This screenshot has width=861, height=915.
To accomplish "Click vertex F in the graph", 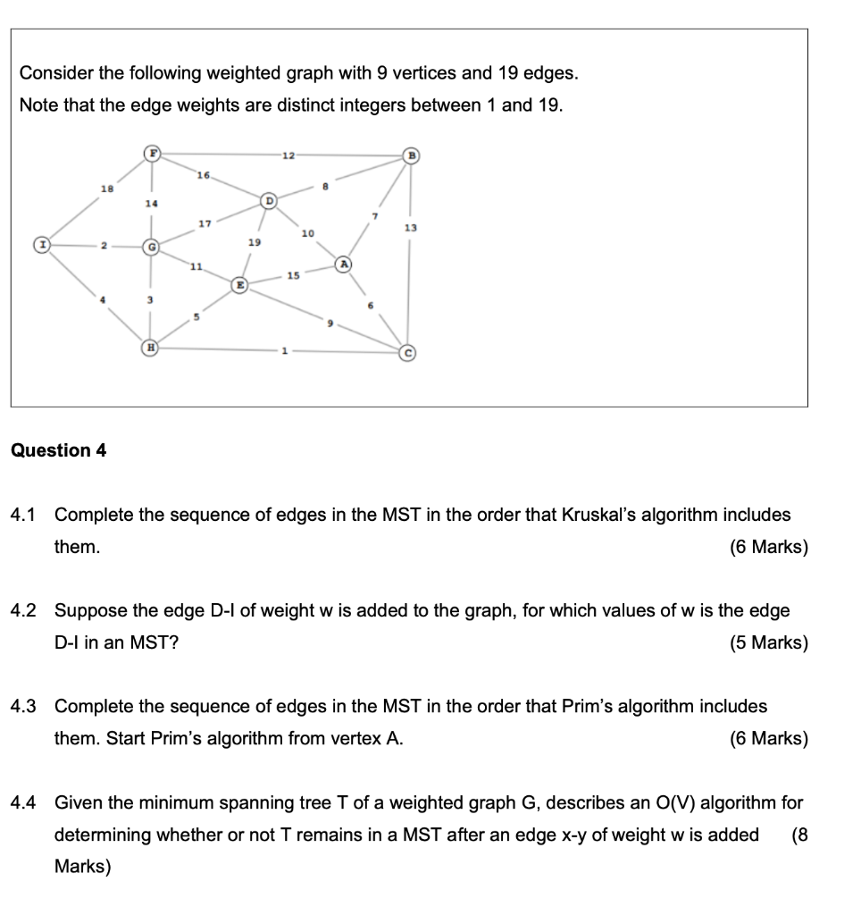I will click(153, 155).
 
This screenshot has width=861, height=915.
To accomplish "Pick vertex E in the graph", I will click(239, 284).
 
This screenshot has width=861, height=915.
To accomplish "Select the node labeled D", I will click(267, 201).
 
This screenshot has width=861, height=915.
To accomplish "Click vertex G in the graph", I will click(153, 244).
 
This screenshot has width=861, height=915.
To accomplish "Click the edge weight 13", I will click(410, 229).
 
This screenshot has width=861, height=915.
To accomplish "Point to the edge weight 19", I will click(254, 241).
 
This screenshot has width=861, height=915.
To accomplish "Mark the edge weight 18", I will click(108, 187).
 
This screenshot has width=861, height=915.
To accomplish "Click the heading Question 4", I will click(58, 450).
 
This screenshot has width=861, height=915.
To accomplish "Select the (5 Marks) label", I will click(768, 642).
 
